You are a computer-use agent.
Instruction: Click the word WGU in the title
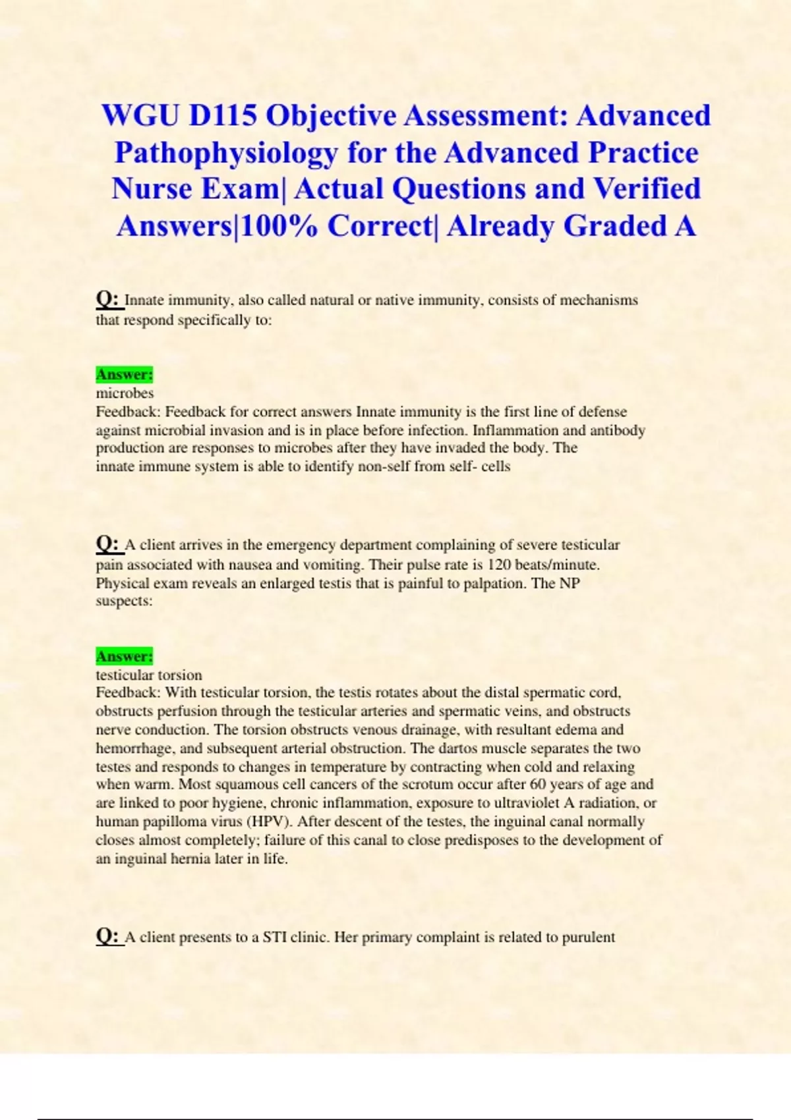pyautogui.click(x=140, y=116)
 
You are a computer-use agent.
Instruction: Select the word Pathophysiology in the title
pyautogui.click(x=225, y=154)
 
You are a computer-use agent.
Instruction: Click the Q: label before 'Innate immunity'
pyautogui.click(x=108, y=300)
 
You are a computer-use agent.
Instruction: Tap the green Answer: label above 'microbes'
pyautogui.click(x=125, y=375)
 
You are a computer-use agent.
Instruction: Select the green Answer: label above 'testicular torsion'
pyautogui.click(x=125, y=656)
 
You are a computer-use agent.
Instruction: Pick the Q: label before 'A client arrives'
pyautogui.click(x=108, y=545)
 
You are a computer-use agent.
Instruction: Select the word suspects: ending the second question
pyautogui.click(x=124, y=601)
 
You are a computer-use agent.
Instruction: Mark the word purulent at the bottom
pyautogui.click(x=588, y=938)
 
